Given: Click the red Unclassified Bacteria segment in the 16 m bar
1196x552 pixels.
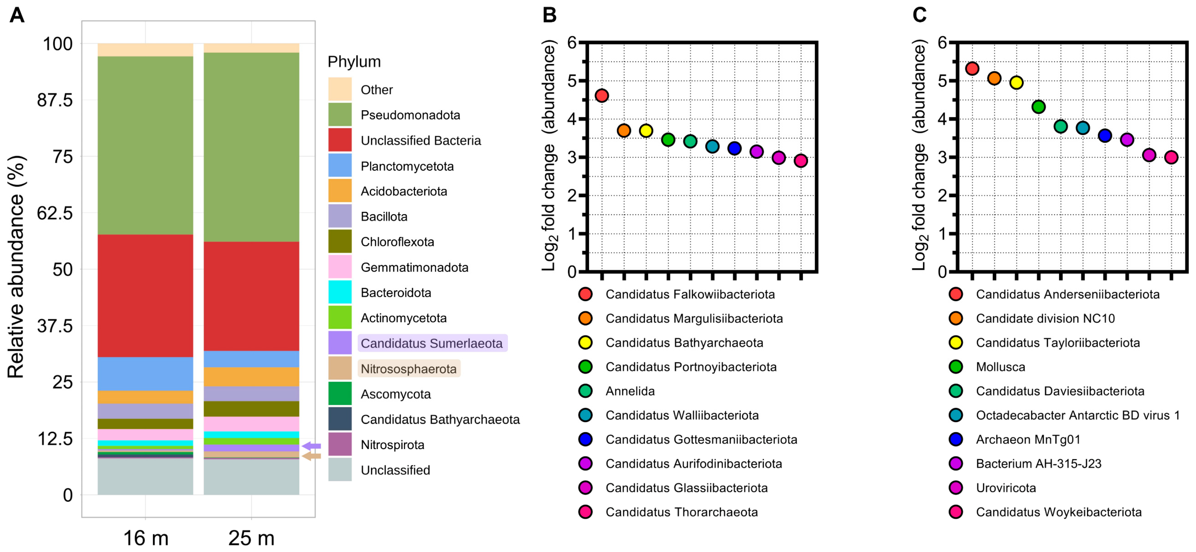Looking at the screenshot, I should [x=145, y=295].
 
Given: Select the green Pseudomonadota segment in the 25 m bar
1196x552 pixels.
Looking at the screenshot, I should [x=251, y=147].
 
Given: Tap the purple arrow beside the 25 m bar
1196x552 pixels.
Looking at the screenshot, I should [x=312, y=446].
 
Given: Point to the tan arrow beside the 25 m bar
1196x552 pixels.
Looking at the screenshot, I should [x=312, y=456].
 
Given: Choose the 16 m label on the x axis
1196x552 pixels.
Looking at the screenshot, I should [x=145, y=538].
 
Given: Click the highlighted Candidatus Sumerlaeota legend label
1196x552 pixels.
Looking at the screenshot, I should [x=432, y=343].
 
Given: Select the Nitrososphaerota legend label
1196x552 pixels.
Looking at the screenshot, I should [x=409, y=369].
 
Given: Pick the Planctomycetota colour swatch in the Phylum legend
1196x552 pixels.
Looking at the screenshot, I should [x=340, y=166].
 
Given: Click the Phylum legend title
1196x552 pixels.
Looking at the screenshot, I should [x=354, y=62].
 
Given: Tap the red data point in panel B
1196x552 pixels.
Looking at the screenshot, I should [x=602, y=96].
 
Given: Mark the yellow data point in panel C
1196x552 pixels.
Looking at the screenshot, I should [x=1016, y=83].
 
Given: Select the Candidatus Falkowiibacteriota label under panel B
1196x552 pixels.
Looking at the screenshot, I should [x=690, y=294].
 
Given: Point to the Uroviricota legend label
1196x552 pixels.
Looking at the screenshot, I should [x=1006, y=488].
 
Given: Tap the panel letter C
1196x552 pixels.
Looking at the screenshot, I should [x=919, y=15].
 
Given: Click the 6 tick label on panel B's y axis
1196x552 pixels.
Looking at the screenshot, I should [x=572, y=43].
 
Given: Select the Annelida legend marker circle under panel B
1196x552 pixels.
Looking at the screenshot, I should [x=585, y=391].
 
